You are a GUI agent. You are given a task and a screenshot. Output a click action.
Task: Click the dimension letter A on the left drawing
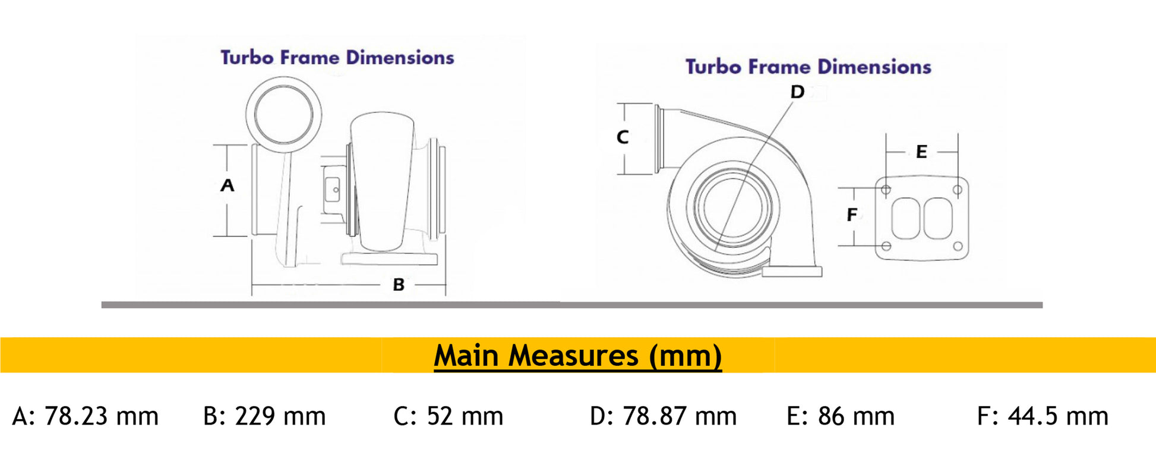227,186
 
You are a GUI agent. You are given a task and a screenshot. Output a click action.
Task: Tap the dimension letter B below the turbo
399,285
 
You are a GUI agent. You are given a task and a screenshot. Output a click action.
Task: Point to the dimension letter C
623,137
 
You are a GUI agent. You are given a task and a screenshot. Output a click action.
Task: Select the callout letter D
797,92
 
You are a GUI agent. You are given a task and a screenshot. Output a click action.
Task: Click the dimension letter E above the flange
921,152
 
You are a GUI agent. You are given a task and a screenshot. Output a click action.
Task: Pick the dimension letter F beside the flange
852,215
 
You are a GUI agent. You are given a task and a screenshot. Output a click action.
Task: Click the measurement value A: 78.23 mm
86,416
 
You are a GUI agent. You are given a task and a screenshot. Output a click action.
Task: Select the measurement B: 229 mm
264,416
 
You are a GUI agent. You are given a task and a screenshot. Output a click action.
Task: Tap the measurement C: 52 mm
448,416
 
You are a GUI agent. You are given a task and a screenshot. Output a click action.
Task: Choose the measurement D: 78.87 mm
663,416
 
